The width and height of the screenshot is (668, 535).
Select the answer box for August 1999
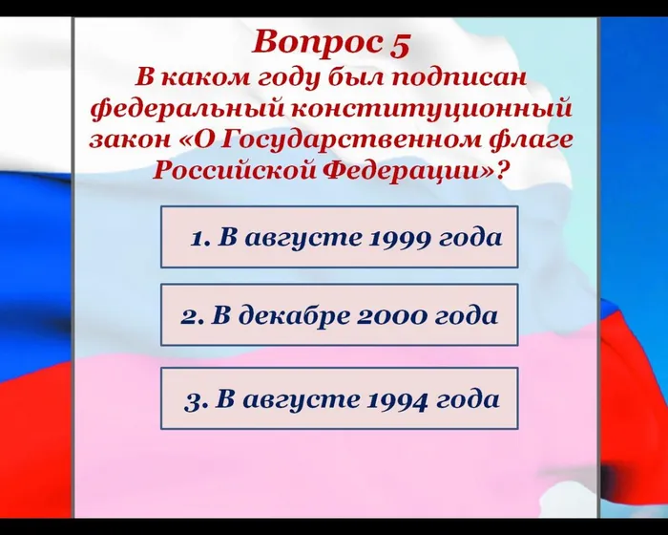[x=339, y=237]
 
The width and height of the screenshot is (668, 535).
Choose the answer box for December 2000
[x=339, y=314]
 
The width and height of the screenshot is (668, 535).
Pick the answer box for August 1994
[x=339, y=398]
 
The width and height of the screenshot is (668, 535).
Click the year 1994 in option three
[x=395, y=399]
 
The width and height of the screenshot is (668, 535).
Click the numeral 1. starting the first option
[x=200, y=238]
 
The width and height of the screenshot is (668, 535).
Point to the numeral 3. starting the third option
[x=195, y=399]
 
